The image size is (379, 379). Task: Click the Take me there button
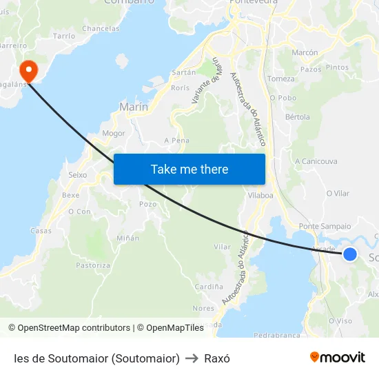pos(189,169)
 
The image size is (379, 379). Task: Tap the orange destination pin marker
pos(28,70)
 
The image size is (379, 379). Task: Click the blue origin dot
pos(350,254)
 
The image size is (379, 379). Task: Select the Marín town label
pos(134,107)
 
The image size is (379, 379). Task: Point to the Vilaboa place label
pos(260,195)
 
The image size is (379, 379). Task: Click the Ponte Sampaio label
pos(325,226)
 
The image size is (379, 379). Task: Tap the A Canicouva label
pos(316,161)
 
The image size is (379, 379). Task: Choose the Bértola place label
pos(298,116)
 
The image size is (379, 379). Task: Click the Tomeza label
pos(280,79)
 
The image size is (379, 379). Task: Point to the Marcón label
pos(305,52)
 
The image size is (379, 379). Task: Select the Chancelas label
pos(101,29)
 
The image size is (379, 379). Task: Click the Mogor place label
pos(113,133)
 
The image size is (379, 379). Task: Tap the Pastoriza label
pos(93,265)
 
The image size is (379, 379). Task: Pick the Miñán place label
pos(127,238)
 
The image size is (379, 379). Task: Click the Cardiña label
pos(209,286)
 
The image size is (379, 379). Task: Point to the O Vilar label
pos(338,194)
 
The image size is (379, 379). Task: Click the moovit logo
pos(338,357)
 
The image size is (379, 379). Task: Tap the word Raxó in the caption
pos(217,358)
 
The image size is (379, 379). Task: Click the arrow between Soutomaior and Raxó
pos(192,358)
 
